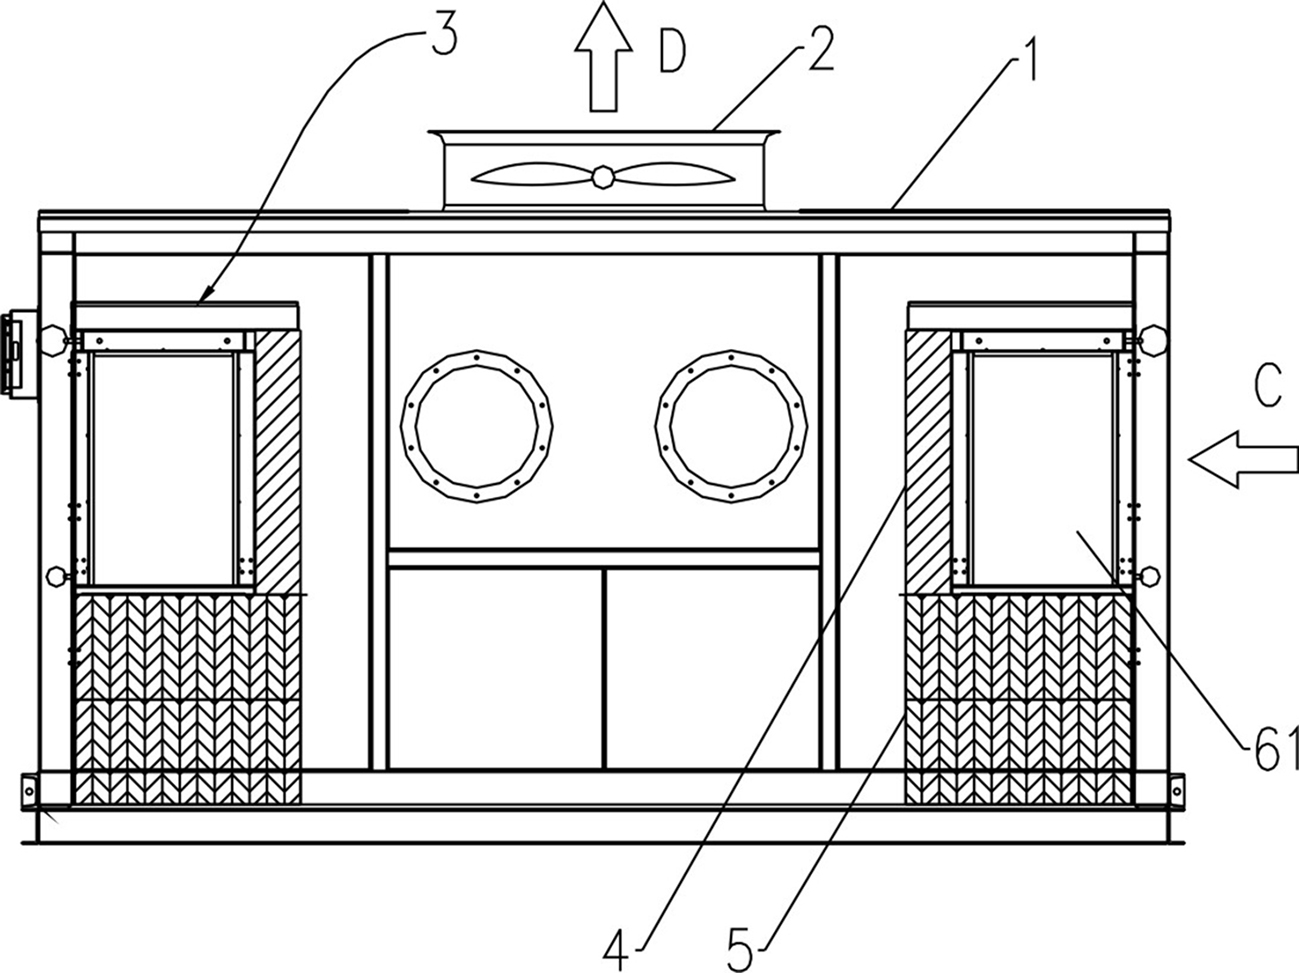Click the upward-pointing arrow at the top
coord(603,56)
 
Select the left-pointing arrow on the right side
coord(1243,459)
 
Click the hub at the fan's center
coord(602,176)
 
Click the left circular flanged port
coord(476,426)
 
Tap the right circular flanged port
coord(731,426)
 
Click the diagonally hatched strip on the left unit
coord(278,462)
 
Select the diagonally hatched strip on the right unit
coord(928,462)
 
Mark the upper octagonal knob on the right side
coord(1153,340)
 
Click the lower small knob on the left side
coord(58,576)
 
